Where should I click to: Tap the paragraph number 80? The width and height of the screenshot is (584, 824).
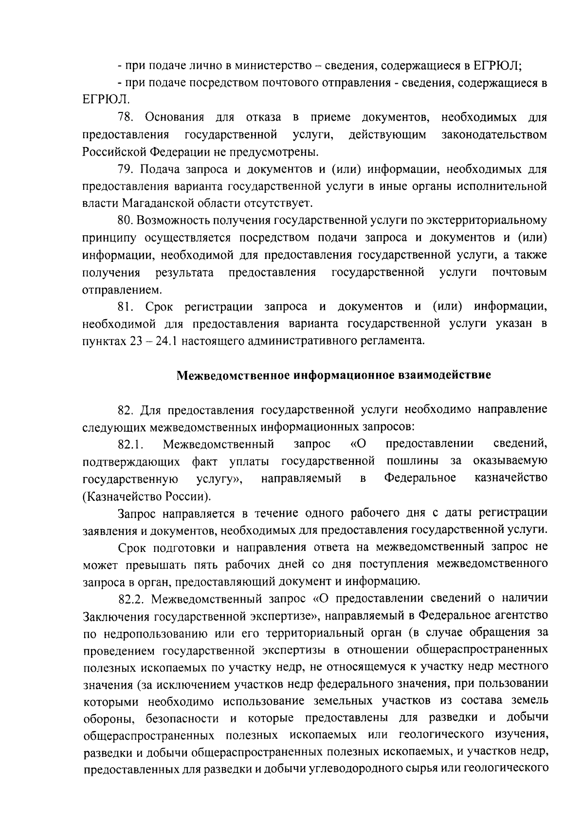click(x=126, y=221)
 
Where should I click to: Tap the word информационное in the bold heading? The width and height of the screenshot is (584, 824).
click(x=344, y=375)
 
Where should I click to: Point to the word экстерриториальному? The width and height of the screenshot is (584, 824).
click(x=487, y=221)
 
